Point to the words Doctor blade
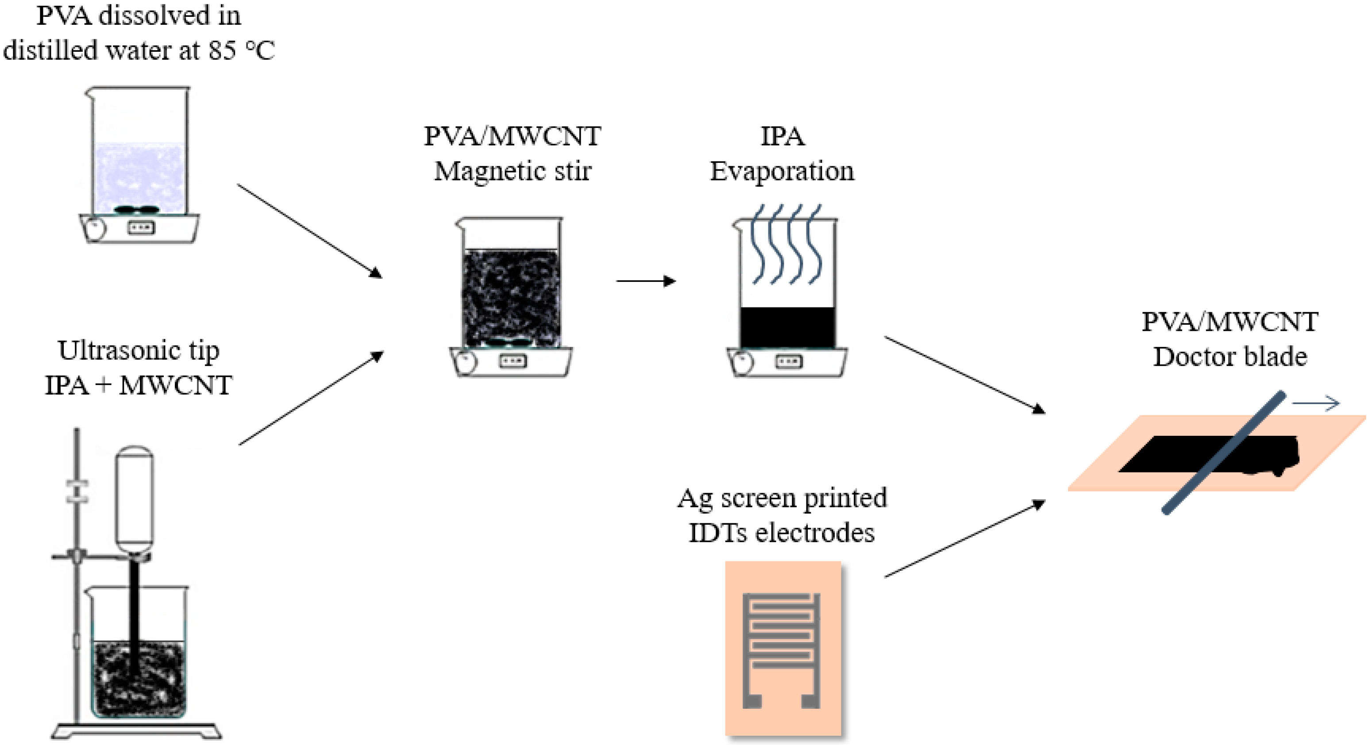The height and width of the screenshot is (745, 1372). pyautogui.click(x=1230, y=357)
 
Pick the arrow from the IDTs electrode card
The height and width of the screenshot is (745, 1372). pyautogui.click(x=964, y=538)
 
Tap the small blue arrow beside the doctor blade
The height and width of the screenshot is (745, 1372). pyautogui.click(x=1315, y=403)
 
